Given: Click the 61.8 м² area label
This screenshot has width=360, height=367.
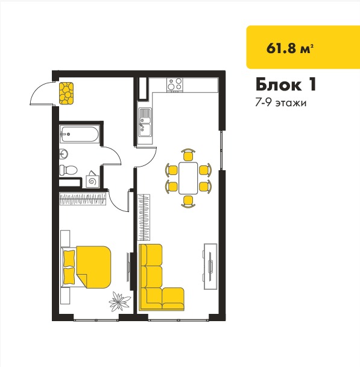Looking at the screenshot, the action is pyautogui.click(x=289, y=48).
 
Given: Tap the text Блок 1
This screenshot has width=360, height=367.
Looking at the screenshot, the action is pyautogui.click(x=286, y=85).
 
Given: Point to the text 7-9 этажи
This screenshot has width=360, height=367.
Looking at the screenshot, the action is pyautogui.click(x=280, y=103).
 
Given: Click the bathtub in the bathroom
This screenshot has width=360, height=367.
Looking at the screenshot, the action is pyautogui.click(x=80, y=134).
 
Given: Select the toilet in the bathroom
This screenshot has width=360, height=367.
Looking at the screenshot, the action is pyautogui.click(x=68, y=170).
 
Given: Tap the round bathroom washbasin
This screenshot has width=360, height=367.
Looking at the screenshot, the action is pyautogui.click(x=63, y=154).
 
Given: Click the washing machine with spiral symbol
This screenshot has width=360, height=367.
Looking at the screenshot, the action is pyautogui.click(x=92, y=180).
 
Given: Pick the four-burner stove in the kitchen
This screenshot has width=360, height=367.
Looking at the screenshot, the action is pyautogui.click(x=175, y=85).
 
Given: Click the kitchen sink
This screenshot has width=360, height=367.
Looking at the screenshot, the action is pyautogui.click(x=145, y=123).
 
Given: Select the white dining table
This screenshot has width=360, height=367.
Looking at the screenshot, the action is pyautogui.click(x=188, y=178).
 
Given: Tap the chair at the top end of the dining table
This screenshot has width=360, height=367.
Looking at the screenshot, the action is pyautogui.click(x=188, y=155).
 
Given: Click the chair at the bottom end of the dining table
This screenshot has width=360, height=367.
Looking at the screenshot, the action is pyautogui.click(x=188, y=202).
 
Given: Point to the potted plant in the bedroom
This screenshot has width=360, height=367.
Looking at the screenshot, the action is pyautogui.click(x=119, y=301).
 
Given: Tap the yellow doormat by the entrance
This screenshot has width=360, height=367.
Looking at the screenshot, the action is pyautogui.click(x=66, y=93).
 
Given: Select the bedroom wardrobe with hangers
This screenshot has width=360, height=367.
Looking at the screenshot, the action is pyautogui.click(x=83, y=199).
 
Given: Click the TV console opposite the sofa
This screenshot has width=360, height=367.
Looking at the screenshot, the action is pyautogui.click(x=210, y=266).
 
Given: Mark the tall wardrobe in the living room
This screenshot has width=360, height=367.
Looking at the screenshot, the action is pyautogui.click(x=144, y=217).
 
